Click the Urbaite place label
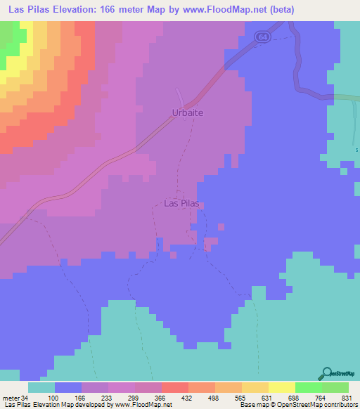pyautogui.click(x=188, y=112)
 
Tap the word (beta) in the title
pyautogui.click(x=280, y=10)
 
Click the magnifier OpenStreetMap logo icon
pyautogui.click(x=326, y=373)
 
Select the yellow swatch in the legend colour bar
pyautogui.click(x=281, y=388)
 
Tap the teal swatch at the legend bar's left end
pyautogui.click(x=41, y=388)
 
